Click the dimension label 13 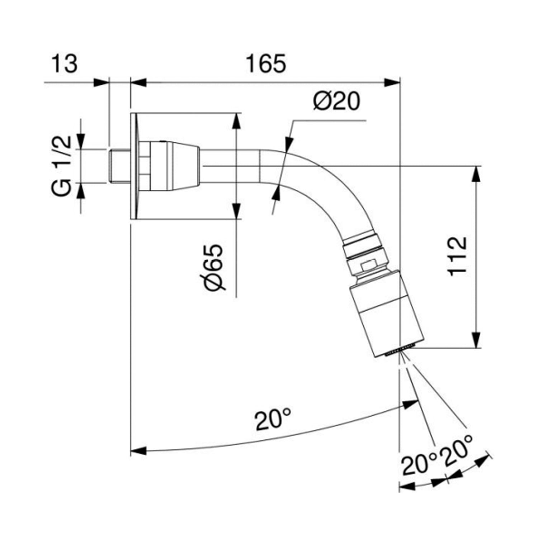pyautogui.click(x=65, y=64)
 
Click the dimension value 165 pyautogui.click(x=266, y=64)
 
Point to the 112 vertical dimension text pyautogui.click(x=458, y=256)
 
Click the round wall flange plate pyautogui.click(x=134, y=166)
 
